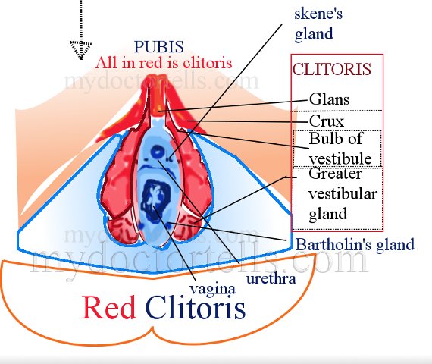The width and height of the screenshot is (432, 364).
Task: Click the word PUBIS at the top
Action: coord(159,47)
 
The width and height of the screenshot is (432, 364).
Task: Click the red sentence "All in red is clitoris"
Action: coord(164,63)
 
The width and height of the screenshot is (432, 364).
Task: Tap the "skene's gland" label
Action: coord(318,24)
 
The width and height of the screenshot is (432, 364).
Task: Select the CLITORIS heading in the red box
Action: coord(332,69)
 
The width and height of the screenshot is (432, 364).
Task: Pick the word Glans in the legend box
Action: coord(329,99)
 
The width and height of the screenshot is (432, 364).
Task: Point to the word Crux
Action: coord(327,121)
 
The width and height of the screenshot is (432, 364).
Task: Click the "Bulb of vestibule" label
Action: coord(340,149)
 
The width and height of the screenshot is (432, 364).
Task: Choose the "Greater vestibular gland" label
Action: coord(343,193)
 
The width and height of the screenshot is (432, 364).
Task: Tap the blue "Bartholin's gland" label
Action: coord(355,244)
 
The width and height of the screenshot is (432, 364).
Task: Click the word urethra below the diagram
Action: coord(271,278)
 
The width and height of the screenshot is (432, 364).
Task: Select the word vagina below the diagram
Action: coord(212,289)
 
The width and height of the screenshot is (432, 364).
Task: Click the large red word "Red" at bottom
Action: coord(109,307)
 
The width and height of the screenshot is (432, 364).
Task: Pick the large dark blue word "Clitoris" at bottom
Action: coord(196,306)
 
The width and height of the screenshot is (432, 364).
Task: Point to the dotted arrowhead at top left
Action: coord(80,49)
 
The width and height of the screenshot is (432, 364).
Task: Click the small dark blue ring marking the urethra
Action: coord(158,152)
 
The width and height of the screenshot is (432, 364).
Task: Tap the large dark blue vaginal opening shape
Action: coord(155,200)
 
